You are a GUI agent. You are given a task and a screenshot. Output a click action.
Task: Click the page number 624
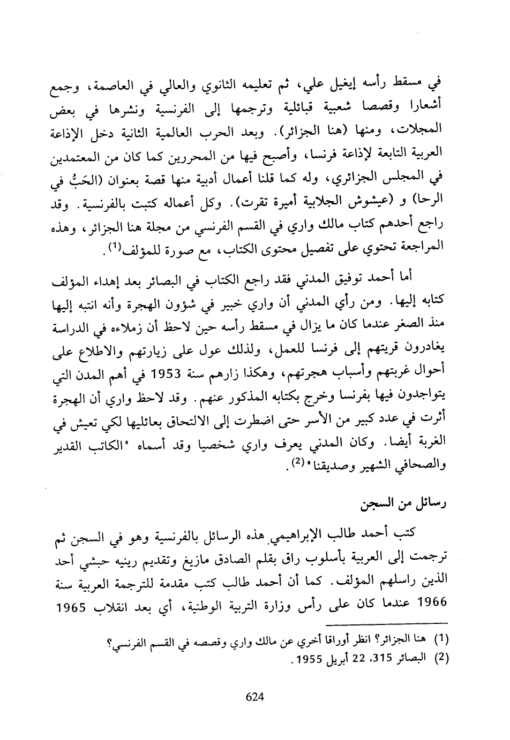(x=255, y=697)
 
